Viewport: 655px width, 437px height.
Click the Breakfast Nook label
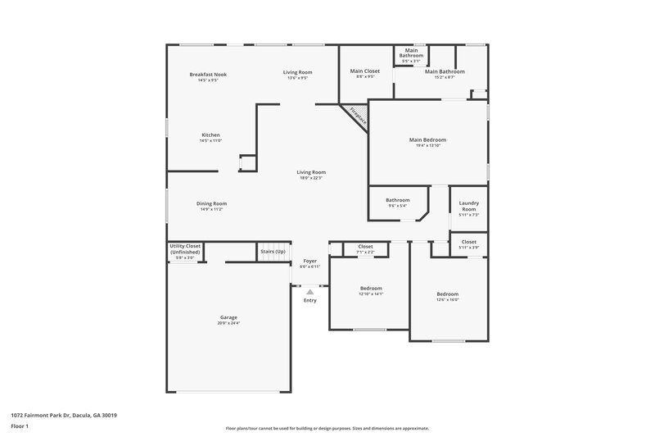[208, 75]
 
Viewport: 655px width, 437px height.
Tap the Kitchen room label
[210, 135]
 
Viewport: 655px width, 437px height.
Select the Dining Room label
[211, 203]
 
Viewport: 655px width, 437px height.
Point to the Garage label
[228, 317]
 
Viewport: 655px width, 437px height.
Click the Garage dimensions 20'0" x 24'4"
[228, 323]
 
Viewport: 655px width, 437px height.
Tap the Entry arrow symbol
[309, 291]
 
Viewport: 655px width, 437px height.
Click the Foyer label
[309, 261]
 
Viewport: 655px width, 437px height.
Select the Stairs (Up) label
[273, 251]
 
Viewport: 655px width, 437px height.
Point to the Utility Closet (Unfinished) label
[185, 248]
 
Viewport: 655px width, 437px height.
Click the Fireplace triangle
[357, 115]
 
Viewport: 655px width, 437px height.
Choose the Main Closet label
[365, 71]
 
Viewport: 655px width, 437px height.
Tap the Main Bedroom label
[427, 140]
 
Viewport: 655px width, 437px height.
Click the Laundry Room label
[468, 206]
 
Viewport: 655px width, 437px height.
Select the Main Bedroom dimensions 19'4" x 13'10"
[427, 146]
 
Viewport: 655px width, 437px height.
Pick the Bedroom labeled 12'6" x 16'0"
[447, 294]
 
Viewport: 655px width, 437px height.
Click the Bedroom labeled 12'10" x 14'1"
[371, 289]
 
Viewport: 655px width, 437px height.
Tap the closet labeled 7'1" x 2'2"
[365, 247]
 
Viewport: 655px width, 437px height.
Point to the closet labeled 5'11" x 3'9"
[468, 243]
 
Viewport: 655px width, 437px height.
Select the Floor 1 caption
[20, 426]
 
